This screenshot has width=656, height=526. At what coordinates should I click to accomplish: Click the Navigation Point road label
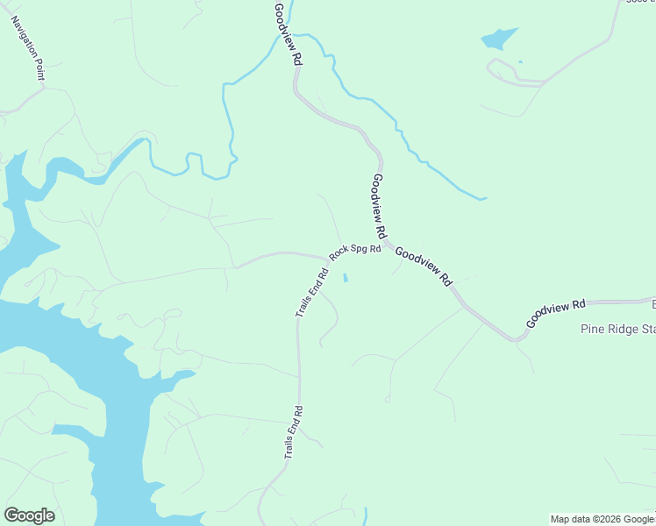[x=27, y=47]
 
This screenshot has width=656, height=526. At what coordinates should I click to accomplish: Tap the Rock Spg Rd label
[x=355, y=252]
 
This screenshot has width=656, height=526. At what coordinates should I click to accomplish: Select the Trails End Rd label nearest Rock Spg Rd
[x=311, y=293]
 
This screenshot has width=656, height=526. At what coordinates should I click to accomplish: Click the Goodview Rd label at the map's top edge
[x=287, y=35]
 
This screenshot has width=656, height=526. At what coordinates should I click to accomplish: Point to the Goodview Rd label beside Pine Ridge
[x=556, y=314]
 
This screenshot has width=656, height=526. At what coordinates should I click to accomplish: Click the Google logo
[x=29, y=515]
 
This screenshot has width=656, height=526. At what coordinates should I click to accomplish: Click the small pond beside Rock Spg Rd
[x=346, y=279]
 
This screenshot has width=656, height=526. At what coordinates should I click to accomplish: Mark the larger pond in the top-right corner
[x=498, y=39]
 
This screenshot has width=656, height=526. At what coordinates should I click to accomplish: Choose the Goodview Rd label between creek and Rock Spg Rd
[x=379, y=207]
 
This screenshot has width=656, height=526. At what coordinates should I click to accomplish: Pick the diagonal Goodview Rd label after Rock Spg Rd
[x=423, y=267]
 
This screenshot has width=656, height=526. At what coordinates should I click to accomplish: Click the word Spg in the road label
[x=360, y=250]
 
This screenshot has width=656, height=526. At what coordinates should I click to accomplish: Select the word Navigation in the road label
[x=23, y=39]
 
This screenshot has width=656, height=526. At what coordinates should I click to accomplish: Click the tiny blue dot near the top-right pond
[x=521, y=61]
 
